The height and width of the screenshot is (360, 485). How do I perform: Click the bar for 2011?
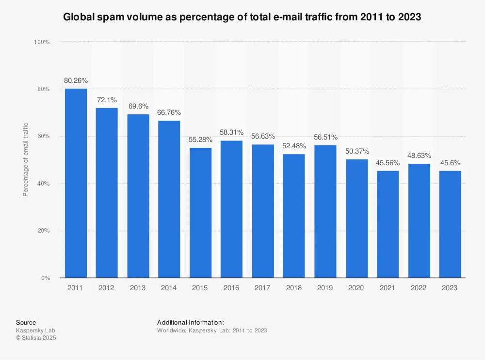click(x=76, y=183)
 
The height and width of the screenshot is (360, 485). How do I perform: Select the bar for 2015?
click(x=200, y=213)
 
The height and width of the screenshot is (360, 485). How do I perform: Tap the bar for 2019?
click(x=325, y=211)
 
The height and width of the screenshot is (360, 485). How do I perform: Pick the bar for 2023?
click(x=450, y=224)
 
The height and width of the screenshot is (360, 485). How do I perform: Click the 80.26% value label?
click(x=76, y=80)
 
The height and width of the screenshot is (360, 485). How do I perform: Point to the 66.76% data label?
click(x=169, y=112)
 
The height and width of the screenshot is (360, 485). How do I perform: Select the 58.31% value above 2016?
click(x=231, y=132)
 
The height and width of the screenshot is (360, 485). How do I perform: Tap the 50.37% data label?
click(x=356, y=151)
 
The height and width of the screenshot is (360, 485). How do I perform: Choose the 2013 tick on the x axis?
click(x=138, y=288)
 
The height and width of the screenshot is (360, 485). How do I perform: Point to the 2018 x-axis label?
click(x=294, y=288)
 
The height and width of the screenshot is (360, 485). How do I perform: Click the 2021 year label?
click(x=388, y=288)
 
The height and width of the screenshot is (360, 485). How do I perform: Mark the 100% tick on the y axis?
click(x=42, y=42)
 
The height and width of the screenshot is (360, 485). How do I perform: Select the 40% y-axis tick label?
click(x=43, y=184)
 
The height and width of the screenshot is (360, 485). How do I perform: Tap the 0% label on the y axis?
click(x=45, y=278)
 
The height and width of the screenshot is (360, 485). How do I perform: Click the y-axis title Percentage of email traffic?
click(x=26, y=159)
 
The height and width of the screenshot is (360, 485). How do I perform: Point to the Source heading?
click(x=26, y=322)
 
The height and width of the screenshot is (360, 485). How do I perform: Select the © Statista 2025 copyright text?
click(x=36, y=338)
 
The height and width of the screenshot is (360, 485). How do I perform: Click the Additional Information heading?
click(x=190, y=322)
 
